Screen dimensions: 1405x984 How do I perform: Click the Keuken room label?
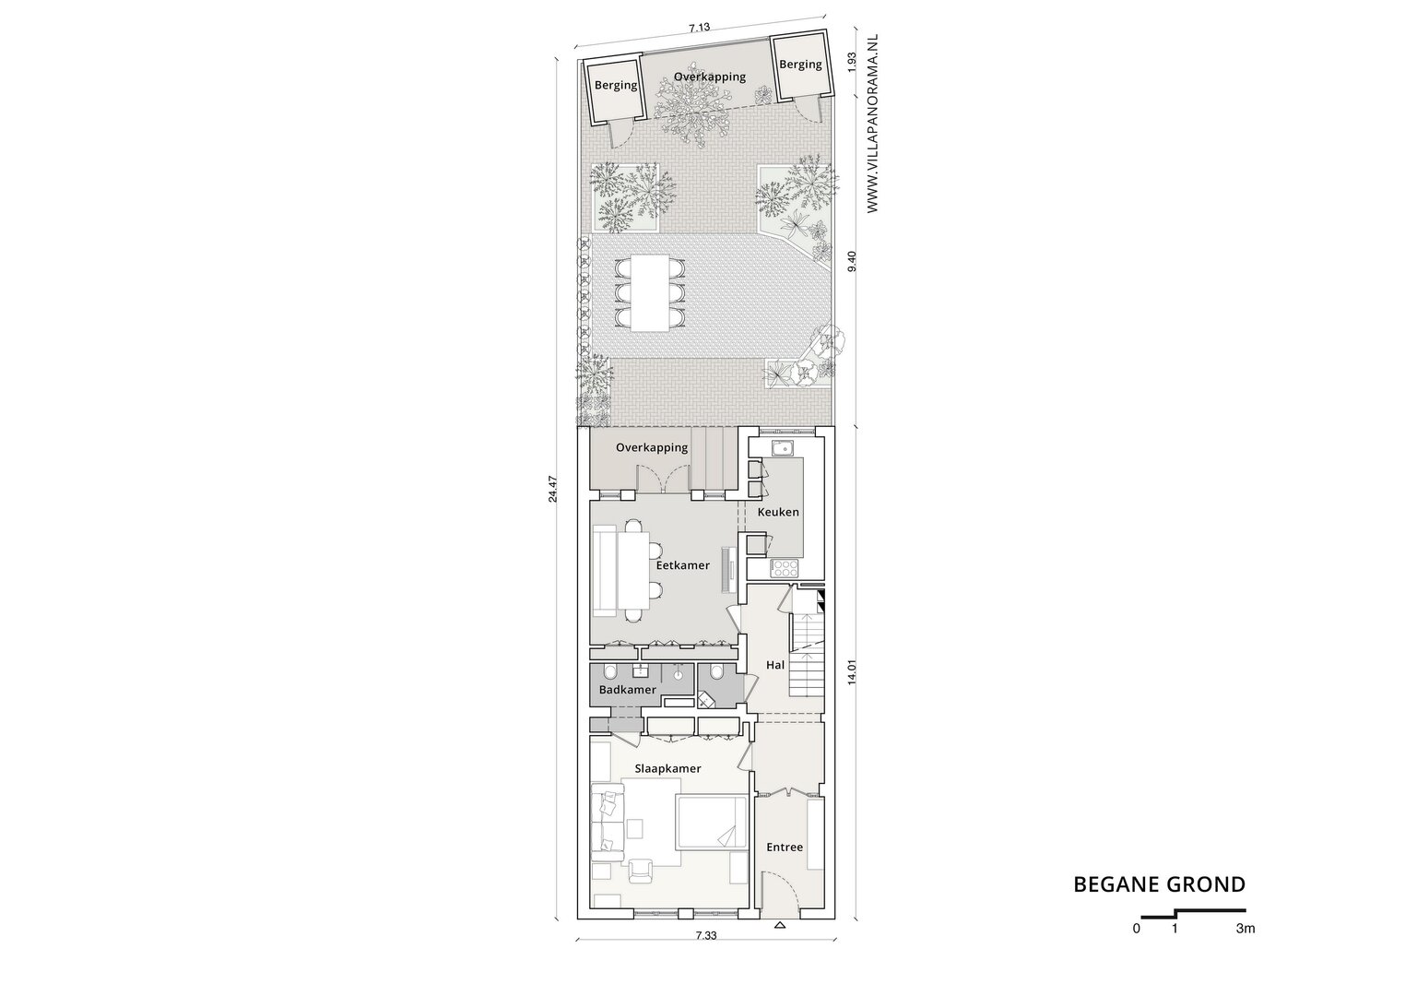(778, 512)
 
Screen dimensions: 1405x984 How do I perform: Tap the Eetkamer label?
(682, 565)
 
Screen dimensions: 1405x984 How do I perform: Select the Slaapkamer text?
(667, 769)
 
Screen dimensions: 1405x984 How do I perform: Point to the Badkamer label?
(627, 690)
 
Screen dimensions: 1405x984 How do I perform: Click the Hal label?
(775, 665)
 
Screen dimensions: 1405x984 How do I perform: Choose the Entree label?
(785, 848)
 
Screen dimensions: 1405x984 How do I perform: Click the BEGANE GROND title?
(1159, 884)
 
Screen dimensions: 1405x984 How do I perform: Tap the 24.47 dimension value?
(552, 489)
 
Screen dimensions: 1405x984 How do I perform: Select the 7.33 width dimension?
(705, 954)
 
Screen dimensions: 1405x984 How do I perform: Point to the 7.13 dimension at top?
(700, 28)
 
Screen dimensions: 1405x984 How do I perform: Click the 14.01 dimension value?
(852, 672)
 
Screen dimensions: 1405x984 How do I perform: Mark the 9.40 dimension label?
(851, 262)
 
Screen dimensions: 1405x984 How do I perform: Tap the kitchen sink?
(782, 449)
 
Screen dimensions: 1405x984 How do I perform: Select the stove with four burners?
(784, 568)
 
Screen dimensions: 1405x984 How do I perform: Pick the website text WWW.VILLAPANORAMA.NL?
(872, 123)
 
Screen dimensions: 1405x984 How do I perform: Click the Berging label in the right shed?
(800, 64)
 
